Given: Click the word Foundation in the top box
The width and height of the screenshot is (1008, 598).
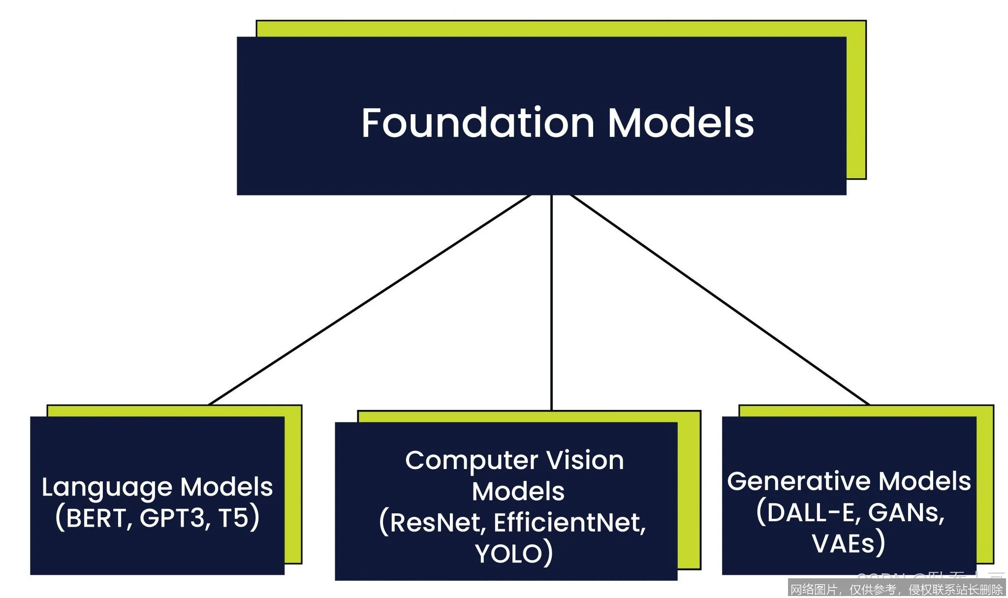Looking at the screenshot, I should pos(477,123).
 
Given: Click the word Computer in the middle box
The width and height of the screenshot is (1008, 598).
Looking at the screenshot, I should pos(471,461).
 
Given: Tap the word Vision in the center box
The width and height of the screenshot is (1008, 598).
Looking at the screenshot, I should pos(585,461).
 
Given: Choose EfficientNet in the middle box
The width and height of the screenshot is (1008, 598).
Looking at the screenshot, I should pos(569,523).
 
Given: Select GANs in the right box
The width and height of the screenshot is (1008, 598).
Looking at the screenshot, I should pos(906,513).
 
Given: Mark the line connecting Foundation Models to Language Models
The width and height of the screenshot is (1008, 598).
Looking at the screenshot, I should pos(369,300).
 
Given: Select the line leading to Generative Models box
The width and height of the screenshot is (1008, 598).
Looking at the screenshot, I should pos(719,300).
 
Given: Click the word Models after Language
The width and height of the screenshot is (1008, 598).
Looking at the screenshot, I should pos(226,487).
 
